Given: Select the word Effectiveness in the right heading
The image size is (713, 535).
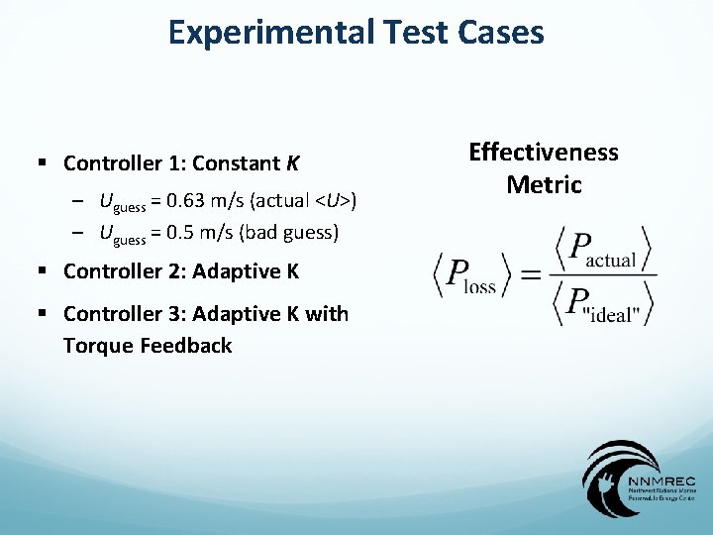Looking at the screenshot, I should pyautogui.click(x=543, y=153).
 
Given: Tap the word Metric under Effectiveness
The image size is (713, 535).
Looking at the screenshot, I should pyautogui.click(x=544, y=184).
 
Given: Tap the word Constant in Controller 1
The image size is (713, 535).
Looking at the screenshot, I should pyautogui.click(x=238, y=162).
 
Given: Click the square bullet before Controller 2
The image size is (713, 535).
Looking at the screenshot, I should pyautogui.click(x=44, y=271).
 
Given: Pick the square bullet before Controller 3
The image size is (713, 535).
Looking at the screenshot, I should pyautogui.click(x=44, y=314).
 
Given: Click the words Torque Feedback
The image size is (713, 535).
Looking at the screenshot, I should pyautogui.click(x=148, y=346).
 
